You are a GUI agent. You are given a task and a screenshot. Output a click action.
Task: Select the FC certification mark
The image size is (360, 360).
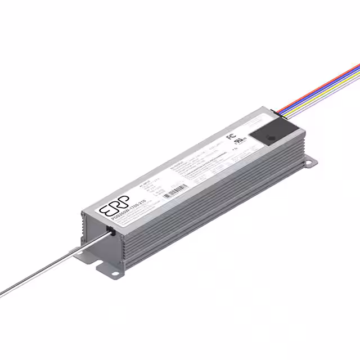click(229, 136)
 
